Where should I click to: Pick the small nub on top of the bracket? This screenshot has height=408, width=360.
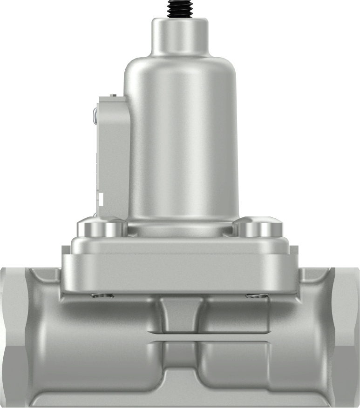[112, 95]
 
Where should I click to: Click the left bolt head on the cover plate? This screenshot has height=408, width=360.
[101, 227]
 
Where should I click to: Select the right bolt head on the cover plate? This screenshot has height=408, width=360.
[259, 227]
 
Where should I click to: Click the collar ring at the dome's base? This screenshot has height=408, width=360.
[180, 229]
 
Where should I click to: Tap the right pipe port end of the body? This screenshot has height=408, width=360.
[347, 335]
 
